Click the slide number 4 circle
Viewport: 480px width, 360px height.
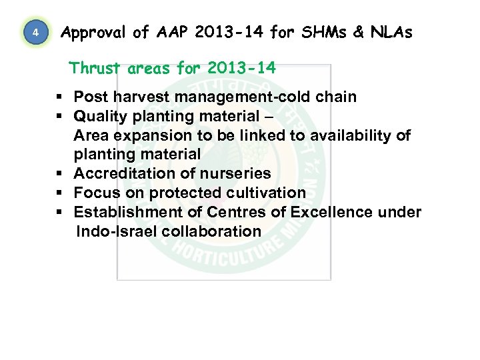point(37,33)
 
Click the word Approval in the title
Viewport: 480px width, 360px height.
point(91,32)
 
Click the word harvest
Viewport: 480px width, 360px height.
point(138,97)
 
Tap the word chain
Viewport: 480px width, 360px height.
point(335,97)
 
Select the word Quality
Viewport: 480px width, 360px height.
point(99,116)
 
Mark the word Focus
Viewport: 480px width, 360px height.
point(95,193)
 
